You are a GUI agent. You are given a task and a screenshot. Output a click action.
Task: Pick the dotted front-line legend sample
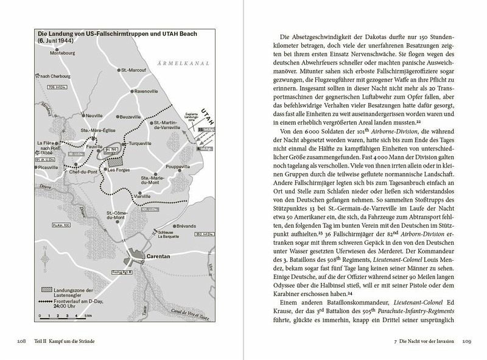pyautogui.click(x=45, y=302)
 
